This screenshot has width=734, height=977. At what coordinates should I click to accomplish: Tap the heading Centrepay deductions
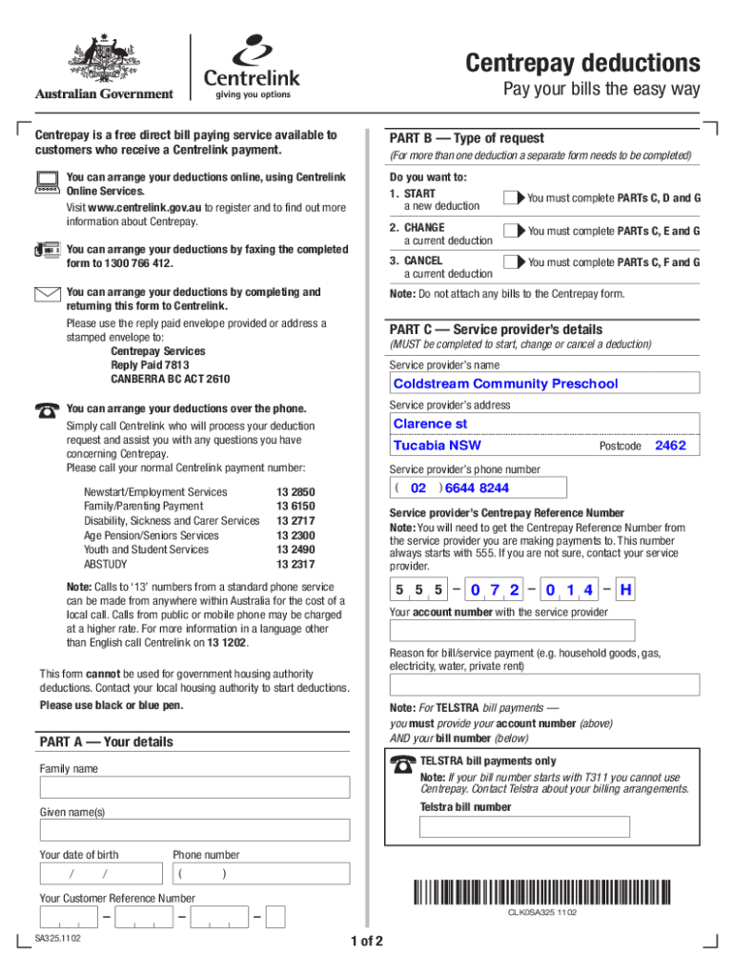582,63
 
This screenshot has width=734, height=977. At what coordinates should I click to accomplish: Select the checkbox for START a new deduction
513,197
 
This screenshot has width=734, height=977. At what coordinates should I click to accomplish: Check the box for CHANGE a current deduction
513,231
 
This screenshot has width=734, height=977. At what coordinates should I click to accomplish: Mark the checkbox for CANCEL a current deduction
513,262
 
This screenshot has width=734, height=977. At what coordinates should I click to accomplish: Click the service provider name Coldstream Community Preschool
505,384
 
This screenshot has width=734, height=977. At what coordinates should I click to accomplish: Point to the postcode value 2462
670,446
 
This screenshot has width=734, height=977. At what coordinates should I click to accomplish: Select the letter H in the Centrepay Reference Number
625,591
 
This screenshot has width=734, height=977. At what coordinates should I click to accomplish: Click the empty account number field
512,631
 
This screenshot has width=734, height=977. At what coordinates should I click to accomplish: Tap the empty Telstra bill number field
524,826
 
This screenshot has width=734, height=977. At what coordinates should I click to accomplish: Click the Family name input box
194,789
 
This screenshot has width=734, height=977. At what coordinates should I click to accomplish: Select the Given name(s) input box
194,832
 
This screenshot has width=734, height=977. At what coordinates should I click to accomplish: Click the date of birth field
100,874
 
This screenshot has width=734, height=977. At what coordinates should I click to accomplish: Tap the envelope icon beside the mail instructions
47,294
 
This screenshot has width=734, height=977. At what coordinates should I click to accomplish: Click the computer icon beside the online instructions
46,181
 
